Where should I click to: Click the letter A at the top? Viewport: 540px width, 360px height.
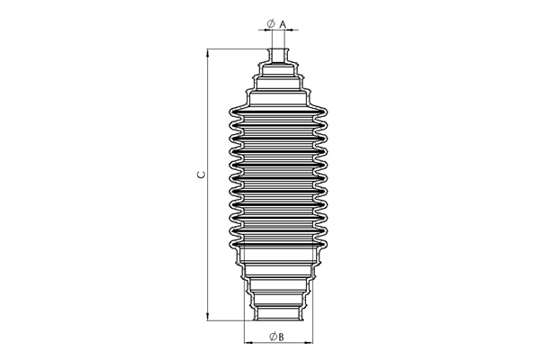click(x=283, y=24)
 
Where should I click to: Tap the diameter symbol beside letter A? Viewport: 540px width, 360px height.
click(x=271, y=23)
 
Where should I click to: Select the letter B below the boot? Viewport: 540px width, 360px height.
click(x=281, y=337)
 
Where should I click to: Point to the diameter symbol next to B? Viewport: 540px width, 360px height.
click(x=274, y=337)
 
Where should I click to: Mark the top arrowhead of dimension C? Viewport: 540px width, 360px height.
click(x=208, y=53)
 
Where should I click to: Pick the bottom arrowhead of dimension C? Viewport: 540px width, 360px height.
click(x=208, y=317)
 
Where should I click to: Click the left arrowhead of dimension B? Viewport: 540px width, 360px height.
click(x=248, y=343)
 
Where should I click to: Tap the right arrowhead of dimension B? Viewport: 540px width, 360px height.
click(x=309, y=343)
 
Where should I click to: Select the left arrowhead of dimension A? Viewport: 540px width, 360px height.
click(x=268, y=31)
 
